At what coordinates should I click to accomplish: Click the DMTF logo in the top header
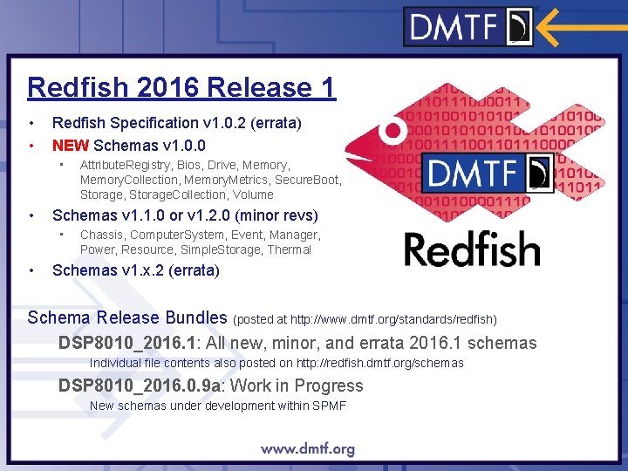point(468,25)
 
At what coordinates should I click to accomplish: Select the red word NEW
point(71,145)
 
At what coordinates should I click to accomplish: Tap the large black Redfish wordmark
point(472,249)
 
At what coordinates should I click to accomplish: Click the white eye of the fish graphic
point(394,132)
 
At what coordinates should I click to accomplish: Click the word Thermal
point(290,249)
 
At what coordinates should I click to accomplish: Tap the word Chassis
point(102,235)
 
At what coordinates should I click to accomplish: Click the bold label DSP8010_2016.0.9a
point(139,386)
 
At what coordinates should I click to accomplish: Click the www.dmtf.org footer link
point(308,449)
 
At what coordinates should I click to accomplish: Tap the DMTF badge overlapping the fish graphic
point(489,172)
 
